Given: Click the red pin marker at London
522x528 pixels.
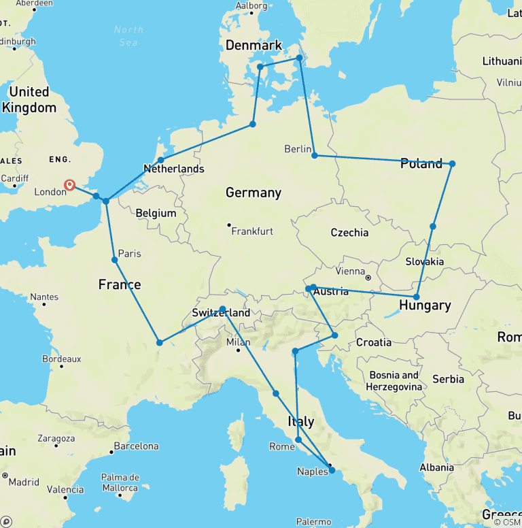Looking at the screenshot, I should tap(69, 184).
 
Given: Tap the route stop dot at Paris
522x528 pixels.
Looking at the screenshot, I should tap(115, 260).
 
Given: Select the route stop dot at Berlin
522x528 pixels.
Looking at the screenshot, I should tap(314, 156).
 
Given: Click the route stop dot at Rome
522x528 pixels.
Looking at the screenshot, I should tap(298, 440).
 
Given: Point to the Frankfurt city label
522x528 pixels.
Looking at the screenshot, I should tap(252, 231).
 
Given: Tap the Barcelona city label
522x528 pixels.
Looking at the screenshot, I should tap(136, 447).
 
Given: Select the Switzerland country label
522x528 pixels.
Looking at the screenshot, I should tap(221, 313).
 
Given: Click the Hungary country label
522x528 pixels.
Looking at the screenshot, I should tap(425, 305).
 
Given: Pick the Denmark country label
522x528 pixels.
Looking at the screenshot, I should tap(253, 46).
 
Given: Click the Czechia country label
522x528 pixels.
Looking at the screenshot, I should tap(349, 233).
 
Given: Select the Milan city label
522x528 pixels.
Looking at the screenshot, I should tap(238, 342).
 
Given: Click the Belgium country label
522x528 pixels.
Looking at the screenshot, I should tap(156, 213).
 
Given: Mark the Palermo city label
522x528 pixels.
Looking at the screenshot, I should tap(313, 522).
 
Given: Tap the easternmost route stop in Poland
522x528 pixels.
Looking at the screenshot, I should tap(452, 163).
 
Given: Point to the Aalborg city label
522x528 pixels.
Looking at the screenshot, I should tap(251, 6).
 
